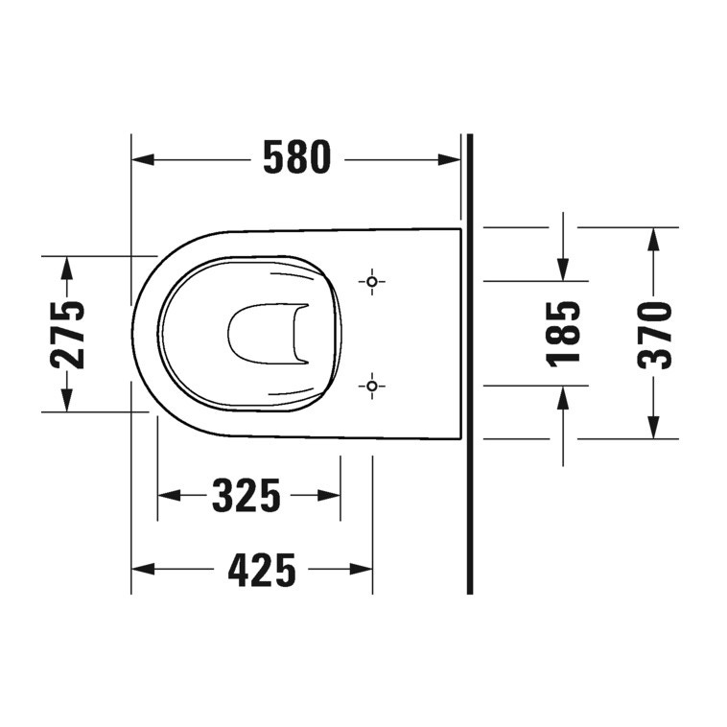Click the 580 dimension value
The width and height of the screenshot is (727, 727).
point(296,158)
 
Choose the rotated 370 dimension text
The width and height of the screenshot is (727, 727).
point(655,334)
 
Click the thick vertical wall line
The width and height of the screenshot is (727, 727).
point(470,364)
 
